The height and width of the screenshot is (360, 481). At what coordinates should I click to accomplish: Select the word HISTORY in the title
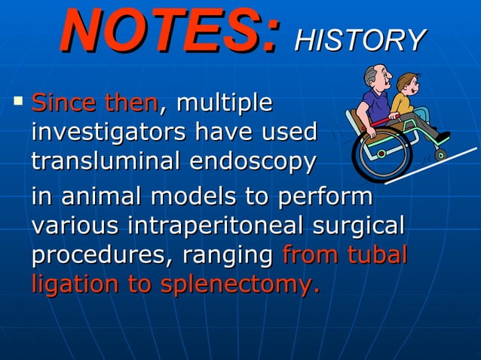[360, 40]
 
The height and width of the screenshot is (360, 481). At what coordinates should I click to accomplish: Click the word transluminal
[106, 161]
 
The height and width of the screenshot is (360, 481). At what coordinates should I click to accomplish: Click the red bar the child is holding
[384, 121]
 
